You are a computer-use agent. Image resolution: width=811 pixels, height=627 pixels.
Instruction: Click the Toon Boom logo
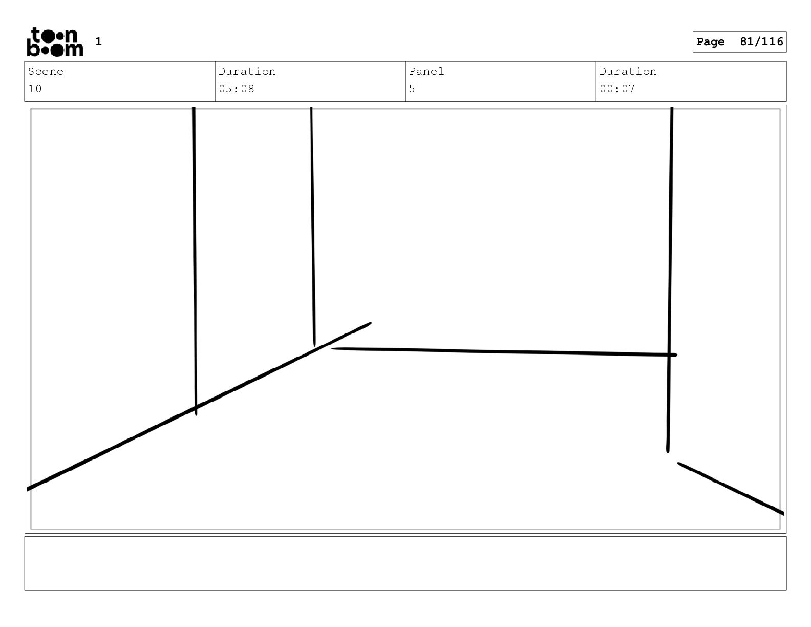tap(55, 42)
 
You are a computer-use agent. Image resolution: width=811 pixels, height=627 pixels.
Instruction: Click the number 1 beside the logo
tap(99, 41)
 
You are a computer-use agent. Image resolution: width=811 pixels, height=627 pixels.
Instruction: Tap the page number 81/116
tap(761, 41)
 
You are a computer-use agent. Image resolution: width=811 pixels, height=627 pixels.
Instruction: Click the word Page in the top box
tap(711, 42)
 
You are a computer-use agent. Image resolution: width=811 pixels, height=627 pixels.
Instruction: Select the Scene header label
tap(46, 72)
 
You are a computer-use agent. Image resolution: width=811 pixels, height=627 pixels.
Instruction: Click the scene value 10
tap(35, 89)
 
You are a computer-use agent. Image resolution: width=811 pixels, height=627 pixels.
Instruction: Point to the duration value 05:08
tap(237, 89)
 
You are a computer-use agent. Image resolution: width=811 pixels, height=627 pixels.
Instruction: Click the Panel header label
tap(426, 72)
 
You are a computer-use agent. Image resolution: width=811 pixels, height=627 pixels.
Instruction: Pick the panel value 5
tap(412, 89)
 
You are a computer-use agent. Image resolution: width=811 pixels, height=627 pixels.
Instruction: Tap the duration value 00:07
tap(617, 89)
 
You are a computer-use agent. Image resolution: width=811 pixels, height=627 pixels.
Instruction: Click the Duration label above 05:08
tap(247, 72)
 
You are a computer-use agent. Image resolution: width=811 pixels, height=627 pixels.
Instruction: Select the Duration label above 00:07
tap(628, 72)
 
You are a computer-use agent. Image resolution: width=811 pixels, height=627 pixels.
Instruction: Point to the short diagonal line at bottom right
tap(731, 488)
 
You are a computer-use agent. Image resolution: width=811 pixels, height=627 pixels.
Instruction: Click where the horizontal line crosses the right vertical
tap(669, 354)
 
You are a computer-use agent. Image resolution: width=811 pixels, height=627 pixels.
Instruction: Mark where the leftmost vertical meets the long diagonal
tap(196, 408)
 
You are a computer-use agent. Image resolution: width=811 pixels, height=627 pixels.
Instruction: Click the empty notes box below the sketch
tap(405, 563)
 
